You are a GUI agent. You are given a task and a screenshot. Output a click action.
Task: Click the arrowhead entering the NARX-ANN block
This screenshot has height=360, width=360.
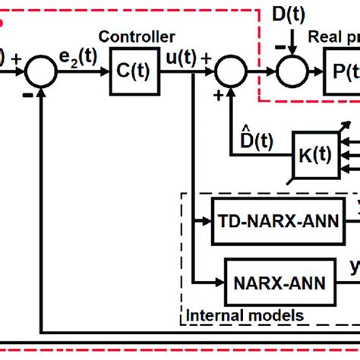click(x=220, y=282)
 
